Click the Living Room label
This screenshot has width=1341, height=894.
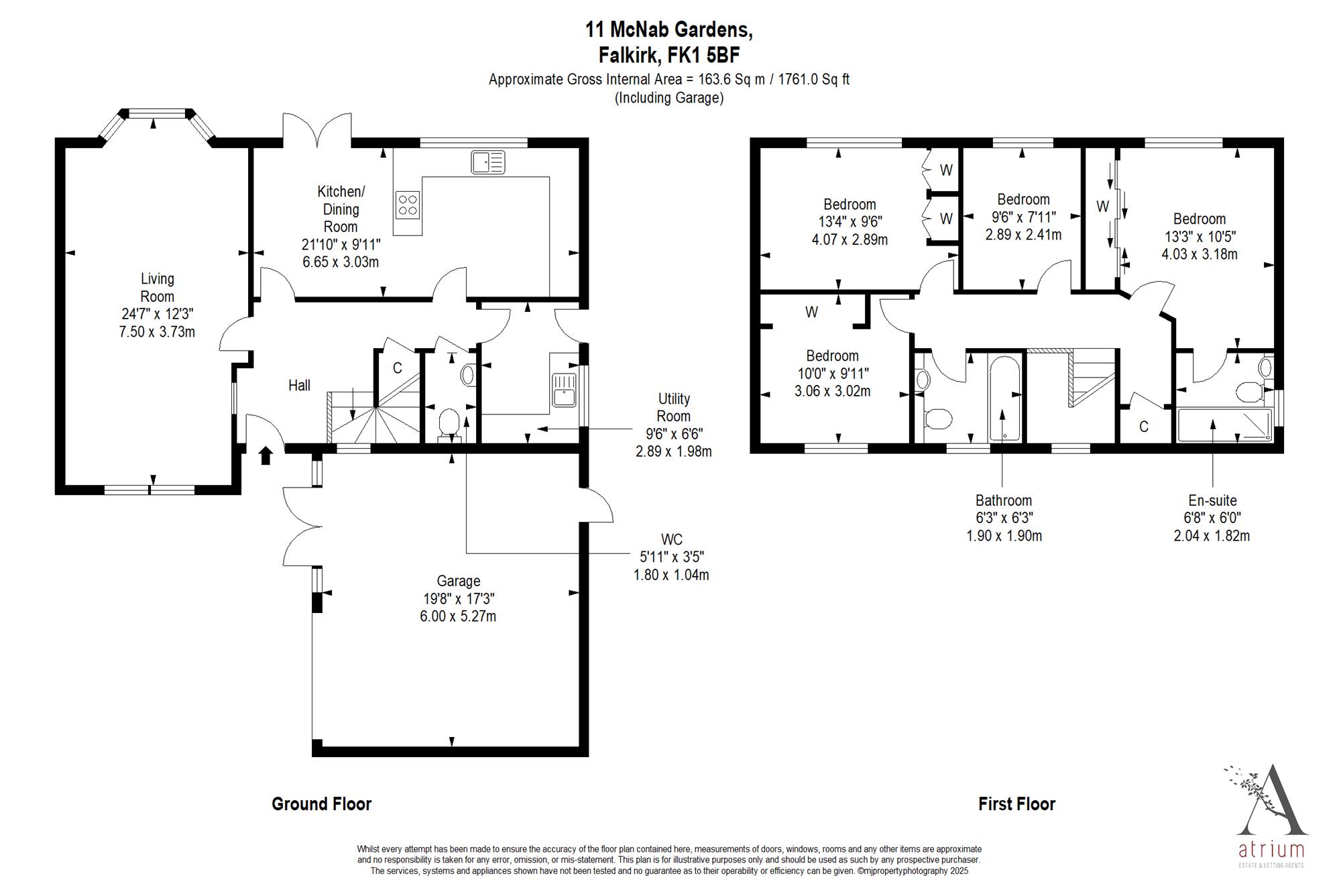coord(157,305)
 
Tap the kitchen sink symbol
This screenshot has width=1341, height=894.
coord(488,162)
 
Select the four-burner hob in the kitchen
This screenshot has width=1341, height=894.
coord(408,205)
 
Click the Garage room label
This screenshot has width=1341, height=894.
coord(459,598)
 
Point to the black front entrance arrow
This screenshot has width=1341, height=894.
coord(266,455)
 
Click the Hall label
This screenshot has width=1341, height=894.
coord(299,385)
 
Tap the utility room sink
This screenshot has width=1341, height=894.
coord(564,390)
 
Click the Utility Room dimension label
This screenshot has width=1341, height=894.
coord(674,425)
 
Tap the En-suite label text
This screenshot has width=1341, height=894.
coord(1212,500)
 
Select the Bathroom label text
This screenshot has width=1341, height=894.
coord(1004,500)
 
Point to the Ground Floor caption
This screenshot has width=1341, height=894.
coord(321,804)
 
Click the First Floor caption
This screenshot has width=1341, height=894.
coord(1016,804)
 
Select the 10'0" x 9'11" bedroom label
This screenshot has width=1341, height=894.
coord(833,374)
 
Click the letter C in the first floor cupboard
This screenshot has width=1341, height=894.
coord(1144,427)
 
